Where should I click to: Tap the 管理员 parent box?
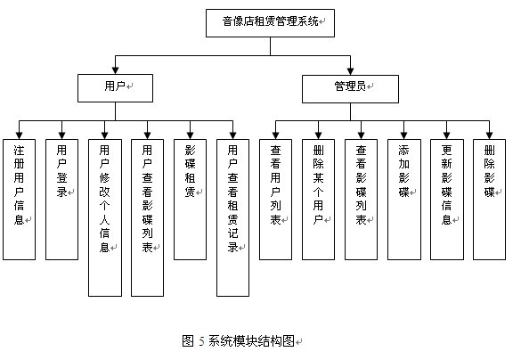coord(349,87)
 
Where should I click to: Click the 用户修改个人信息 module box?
coord(104,217)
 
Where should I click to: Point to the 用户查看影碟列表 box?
coord(147,217)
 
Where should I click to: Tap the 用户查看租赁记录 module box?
coord(232,217)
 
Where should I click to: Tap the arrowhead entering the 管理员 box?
coord(349,71)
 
